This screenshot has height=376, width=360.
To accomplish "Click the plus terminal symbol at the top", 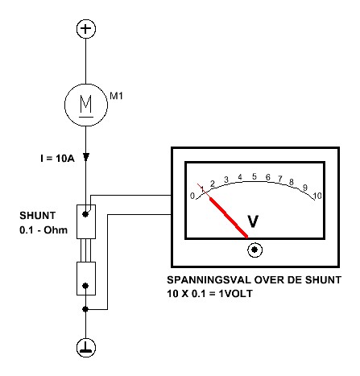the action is click(x=86, y=29).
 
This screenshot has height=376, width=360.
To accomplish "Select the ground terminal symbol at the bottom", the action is click(x=86, y=348).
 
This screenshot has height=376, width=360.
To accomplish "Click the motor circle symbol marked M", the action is click(x=86, y=105).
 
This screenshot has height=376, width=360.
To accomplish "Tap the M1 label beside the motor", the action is click(x=116, y=96).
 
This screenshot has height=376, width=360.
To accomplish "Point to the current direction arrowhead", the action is click(x=86, y=157).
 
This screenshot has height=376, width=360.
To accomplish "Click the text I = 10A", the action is click(x=57, y=159).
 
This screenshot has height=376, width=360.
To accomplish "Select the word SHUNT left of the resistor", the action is click(x=38, y=216).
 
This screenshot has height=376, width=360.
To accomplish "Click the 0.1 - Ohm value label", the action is click(x=43, y=230).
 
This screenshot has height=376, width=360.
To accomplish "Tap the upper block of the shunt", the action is click(x=86, y=221).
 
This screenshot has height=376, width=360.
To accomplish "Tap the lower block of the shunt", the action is click(x=86, y=279).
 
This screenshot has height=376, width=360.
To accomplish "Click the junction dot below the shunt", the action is click(x=85, y=309).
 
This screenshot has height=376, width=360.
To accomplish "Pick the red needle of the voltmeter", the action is click(x=228, y=217).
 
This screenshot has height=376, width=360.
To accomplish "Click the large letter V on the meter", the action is click(x=253, y=221).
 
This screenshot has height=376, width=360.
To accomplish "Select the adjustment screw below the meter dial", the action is click(x=254, y=250).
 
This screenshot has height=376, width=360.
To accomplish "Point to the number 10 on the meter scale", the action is click(x=317, y=196).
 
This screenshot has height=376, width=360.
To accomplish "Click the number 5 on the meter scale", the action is click(x=254, y=176).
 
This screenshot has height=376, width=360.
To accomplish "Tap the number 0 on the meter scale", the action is click(x=192, y=196).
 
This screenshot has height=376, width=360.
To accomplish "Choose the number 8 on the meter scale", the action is click(x=292, y=182).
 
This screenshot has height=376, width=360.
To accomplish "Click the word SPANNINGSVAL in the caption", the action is click(x=209, y=280).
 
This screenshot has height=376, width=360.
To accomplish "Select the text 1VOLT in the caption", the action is click(x=235, y=294).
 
